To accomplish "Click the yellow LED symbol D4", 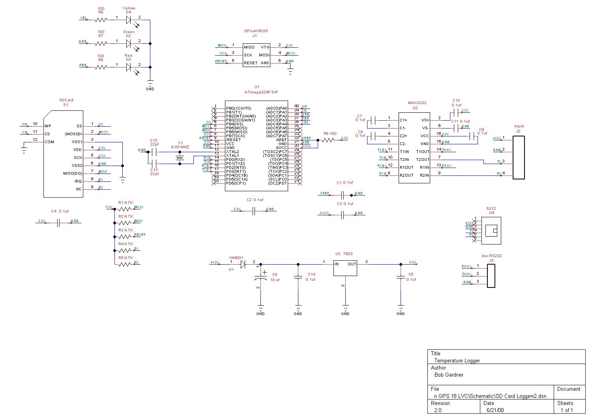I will point(128,20).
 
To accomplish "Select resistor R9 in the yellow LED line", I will point(101,20).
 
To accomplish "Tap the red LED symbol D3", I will point(128,67).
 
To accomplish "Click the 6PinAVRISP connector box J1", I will point(256,55).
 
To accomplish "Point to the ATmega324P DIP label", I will point(261,92).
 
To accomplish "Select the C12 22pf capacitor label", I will point(154,142).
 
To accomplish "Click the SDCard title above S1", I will point(66,100).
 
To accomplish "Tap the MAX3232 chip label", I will point(417,103).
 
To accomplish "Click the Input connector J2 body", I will point(519,158).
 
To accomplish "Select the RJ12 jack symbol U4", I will point(491,231).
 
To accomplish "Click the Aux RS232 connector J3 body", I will point(491,276).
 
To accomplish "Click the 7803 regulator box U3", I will point(345,268).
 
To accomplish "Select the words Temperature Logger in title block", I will point(457,360).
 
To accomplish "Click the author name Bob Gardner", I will point(449,375).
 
